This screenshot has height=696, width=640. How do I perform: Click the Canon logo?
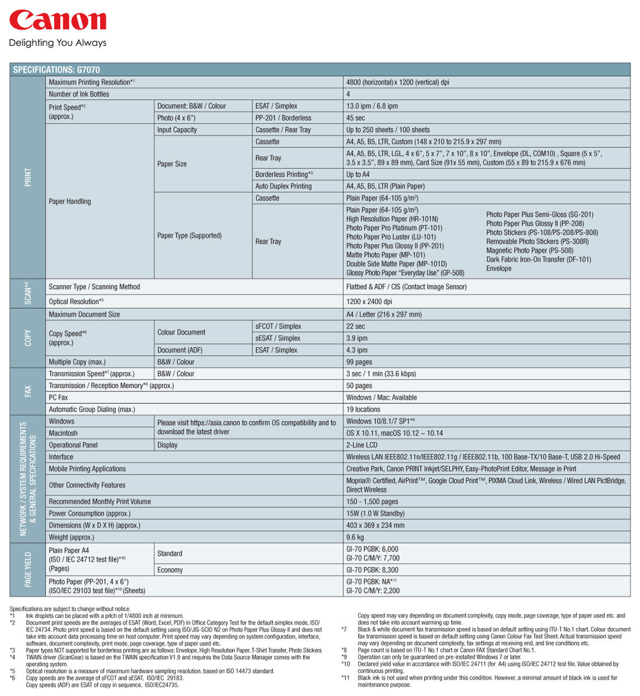pos(58,21)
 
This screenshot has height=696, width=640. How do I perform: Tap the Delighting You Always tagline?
pos(58,43)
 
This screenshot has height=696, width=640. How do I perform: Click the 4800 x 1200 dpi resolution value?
pos(397,83)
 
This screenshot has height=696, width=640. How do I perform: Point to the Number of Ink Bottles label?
pos(79,94)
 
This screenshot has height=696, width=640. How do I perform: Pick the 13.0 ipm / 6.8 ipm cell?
pos(372,106)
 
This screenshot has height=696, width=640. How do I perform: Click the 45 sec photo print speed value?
pos(355,118)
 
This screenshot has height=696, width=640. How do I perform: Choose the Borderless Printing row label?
pos(284,174)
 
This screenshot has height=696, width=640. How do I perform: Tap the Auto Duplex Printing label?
pos(283,186)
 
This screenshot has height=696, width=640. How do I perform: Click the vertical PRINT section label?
pos(28,177)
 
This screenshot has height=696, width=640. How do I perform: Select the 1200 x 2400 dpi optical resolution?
pos(369,302)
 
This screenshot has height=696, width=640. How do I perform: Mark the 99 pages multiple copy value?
pos(359,362)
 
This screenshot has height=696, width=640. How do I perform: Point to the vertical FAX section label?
pos(28,391)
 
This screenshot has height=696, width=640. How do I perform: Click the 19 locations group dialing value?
pos(363,409)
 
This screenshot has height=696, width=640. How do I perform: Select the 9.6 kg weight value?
pos(355,537)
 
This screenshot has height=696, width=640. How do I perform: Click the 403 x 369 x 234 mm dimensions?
pos(375,525)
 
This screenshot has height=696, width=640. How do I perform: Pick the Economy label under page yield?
pos(170,570)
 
